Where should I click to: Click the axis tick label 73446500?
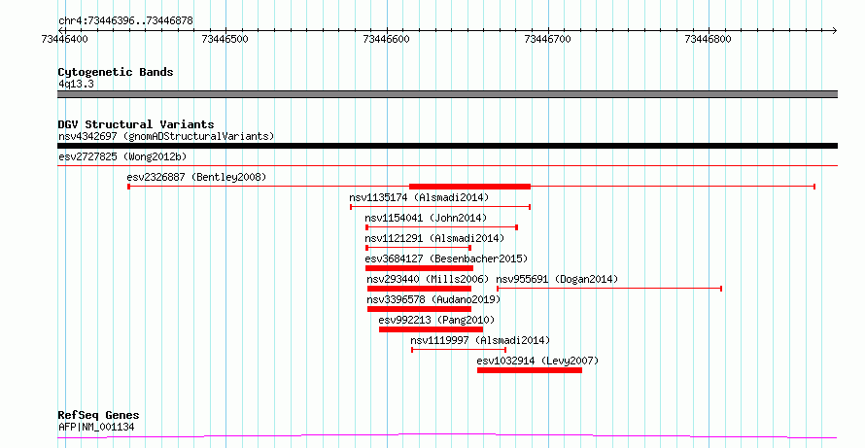point(225,39)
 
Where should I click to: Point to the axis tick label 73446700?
point(548,39)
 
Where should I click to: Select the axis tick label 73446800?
point(708,39)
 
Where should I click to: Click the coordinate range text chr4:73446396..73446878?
point(125,21)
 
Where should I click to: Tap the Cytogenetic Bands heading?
point(116,72)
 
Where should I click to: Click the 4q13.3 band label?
point(76,84)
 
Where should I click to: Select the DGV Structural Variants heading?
point(136,124)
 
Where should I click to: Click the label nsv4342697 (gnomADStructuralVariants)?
point(166,136)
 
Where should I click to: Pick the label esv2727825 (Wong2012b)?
point(122,156)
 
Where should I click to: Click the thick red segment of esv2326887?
point(469,187)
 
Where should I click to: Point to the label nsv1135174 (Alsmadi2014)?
point(419,197)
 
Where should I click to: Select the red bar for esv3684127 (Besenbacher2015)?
point(419,268)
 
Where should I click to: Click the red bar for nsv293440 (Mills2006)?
point(419,289)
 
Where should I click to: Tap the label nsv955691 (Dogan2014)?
point(557,279)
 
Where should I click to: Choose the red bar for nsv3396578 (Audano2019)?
point(419,309)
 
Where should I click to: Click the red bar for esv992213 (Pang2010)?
point(431,329)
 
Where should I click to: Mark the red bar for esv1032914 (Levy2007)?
point(530,370)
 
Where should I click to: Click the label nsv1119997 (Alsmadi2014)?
point(480,340)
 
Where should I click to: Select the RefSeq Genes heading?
point(99,416)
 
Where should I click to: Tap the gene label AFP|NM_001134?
point(96,427)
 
